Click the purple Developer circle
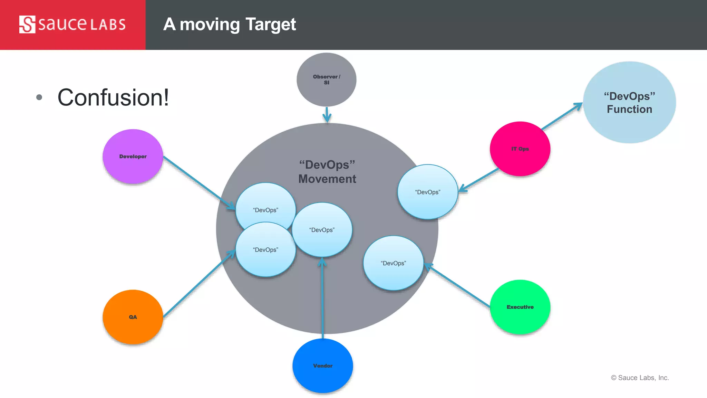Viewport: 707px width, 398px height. click(133, 157)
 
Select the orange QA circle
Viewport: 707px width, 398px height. click(133, 317)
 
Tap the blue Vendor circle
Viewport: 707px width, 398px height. click(323, 366)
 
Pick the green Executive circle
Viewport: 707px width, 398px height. click(520, 307)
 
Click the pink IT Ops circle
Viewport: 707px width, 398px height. click(520, 149)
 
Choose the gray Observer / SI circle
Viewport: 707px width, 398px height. click(327, 79)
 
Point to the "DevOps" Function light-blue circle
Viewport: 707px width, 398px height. click(629, 103)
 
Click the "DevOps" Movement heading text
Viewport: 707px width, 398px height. click(327, 172)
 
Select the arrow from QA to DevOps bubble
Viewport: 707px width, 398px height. click(198, 284)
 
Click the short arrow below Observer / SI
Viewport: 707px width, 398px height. click(327, 114)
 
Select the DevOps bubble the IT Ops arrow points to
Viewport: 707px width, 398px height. click(428, 192)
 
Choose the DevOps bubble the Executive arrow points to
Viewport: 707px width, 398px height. click(393, 263)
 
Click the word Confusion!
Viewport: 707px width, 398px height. click(113, 97)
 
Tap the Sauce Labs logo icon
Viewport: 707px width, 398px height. click(27, 25)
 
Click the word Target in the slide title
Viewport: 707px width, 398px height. click(271, 25)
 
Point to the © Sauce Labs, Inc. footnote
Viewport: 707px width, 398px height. click(640, 378)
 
